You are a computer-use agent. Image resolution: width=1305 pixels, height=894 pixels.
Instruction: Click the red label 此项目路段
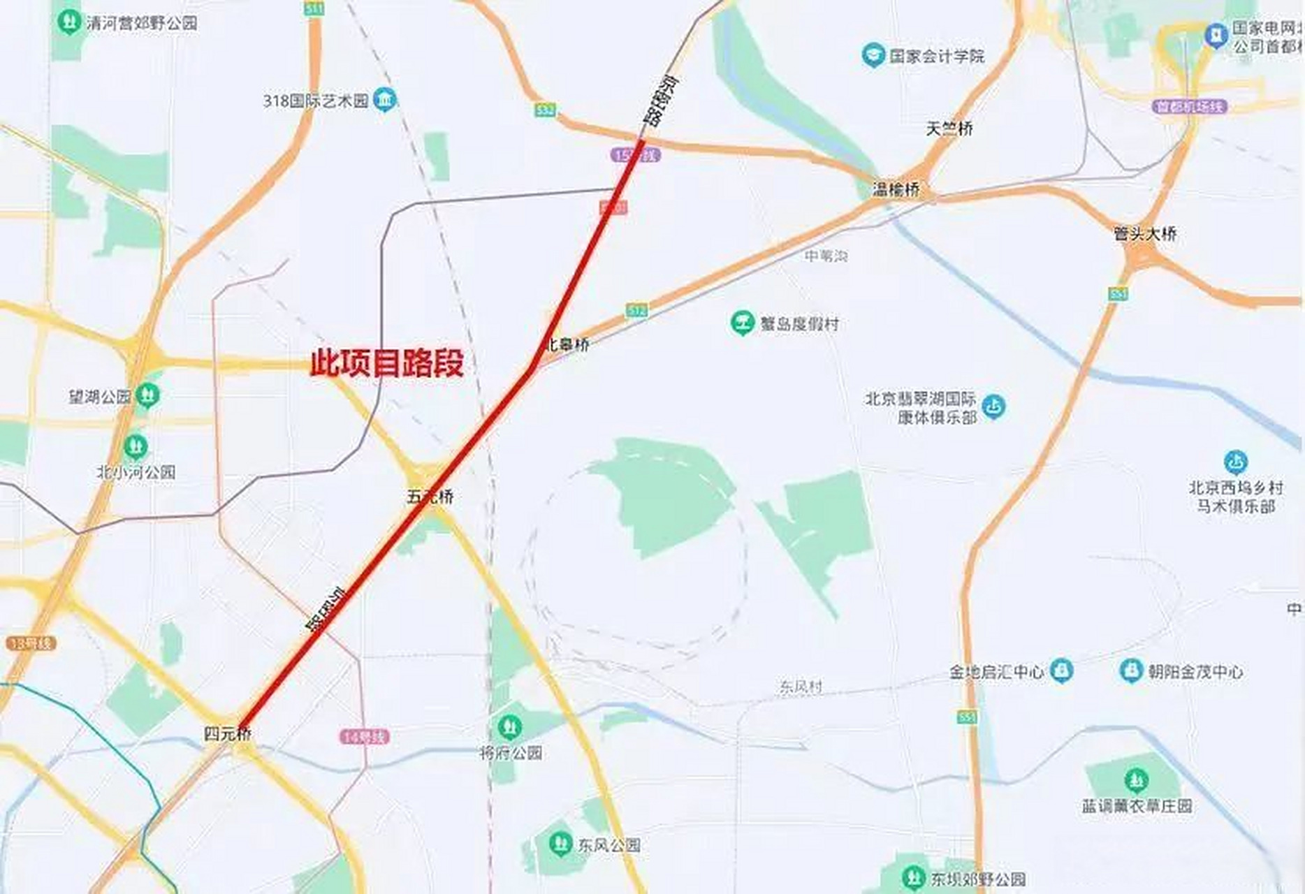[x=386, y=363]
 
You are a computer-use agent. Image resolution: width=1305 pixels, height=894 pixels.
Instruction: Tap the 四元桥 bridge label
[x=227, y=733]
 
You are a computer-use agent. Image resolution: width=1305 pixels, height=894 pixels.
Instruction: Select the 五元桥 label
[x=430, y=497]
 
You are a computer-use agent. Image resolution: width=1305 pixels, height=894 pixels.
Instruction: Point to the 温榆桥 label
[x=896, y=189]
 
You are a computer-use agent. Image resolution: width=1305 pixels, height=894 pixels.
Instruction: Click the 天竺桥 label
[x=949, y=129]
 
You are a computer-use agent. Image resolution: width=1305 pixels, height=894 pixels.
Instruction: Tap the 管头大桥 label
[x=1145, y=234]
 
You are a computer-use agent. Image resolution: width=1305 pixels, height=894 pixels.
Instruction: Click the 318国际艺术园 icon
[x=384, y=100]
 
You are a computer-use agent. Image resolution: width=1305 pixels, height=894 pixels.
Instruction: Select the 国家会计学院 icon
[x=873, y=55]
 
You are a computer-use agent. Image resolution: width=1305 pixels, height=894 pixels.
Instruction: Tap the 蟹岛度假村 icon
[x=742, y=323]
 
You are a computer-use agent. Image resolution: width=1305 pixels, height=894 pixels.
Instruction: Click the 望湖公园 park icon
[x=147, y=396]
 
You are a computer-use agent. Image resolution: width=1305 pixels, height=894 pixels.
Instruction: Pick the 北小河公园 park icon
[x=136, y=446]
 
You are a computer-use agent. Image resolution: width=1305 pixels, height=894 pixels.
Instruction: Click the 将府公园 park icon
[x=509, y=727]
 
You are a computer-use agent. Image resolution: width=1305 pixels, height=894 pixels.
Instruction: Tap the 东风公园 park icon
[x=558, y=844]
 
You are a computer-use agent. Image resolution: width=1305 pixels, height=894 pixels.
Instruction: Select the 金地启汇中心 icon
[x=1061, y=671]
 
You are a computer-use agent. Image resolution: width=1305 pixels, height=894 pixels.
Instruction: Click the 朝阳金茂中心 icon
[x=1130, y=671]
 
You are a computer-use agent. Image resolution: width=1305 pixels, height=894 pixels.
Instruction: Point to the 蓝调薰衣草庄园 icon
[x=1137, y=779]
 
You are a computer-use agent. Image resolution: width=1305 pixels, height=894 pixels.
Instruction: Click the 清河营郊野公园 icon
[x=68, y=22]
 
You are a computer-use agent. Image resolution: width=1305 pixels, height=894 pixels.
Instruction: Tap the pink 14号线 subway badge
[x=364, y=737]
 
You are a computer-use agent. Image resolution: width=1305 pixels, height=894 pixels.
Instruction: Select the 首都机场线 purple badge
[x=1189, y=107]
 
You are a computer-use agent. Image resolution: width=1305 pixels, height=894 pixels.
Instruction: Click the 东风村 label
[x=801, y=687]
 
